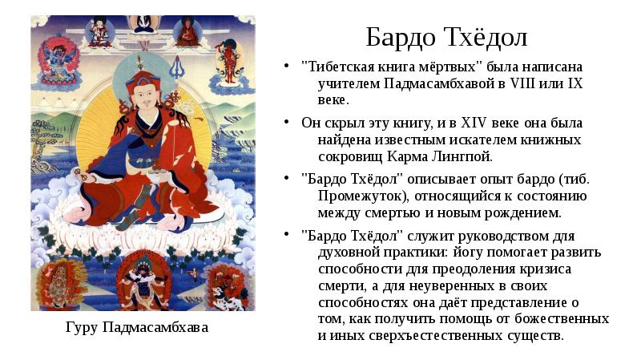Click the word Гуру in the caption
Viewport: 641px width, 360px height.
click(84, 328)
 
